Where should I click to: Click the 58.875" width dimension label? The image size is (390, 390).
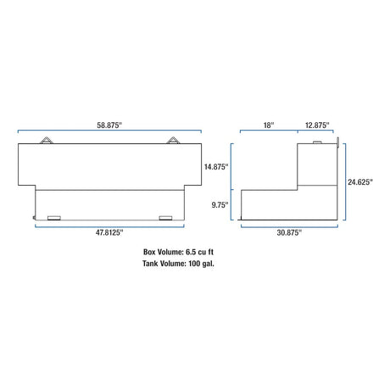(x=109, y=125)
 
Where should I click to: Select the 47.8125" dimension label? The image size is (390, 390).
(x=109, y=232)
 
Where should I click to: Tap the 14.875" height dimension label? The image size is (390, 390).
(x=216, y=167)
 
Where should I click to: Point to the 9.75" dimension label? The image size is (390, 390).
(x=220, y=205)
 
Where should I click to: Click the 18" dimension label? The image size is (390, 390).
(x=269, y=125)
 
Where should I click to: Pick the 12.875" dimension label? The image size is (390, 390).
(x=317, y=125)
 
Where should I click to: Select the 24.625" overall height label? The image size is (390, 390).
(x=360, y=182)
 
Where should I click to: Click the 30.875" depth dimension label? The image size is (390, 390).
(x=289, y=232)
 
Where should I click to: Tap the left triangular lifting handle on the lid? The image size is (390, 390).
(x=47, y=141)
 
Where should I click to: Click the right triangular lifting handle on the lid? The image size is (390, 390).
(x=173, y=141)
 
